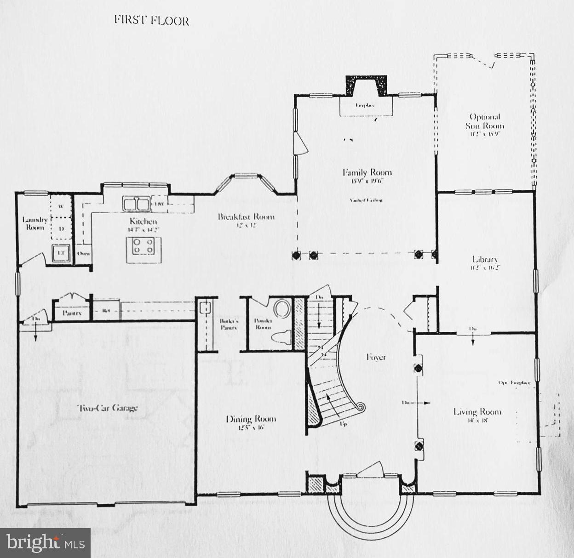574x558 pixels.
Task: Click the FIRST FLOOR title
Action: click(x=151, y=20)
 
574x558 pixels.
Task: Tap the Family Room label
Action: click(x=367, y=173)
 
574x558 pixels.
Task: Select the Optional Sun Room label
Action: click(x=484, y=122)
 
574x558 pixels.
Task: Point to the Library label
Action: click(x=484, y=259)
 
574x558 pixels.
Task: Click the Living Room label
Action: click(x=477, y=412)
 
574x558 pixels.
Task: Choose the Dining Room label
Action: click(x=251, y=419)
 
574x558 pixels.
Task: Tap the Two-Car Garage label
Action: click(x=107, y=408)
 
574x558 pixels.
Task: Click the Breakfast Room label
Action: click(x=246, y=217)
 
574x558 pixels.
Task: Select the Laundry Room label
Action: click(x=34, y=223)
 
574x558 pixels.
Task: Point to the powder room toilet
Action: click(x=282, y=337)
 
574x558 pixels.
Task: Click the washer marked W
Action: click(x=61, y=206)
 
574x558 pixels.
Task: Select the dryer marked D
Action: click(x=61, y=228)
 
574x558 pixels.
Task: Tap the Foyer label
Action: click(x=376, y=357)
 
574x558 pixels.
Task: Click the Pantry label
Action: click(x=72, y=313)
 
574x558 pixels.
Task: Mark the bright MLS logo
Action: click(x=45, y=543)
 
